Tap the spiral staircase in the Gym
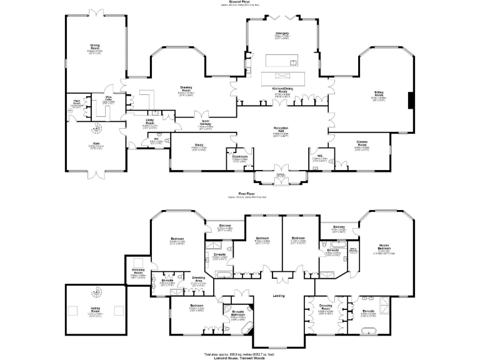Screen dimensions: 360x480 (x=96, y=131)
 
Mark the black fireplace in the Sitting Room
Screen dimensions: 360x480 (x=410, y=99)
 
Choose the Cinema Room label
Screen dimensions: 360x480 (x=362, y=144)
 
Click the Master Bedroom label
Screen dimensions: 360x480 (x=384, y=246)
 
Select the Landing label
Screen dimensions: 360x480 (x=279, y=296)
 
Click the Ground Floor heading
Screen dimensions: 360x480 (x=240, y=2)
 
